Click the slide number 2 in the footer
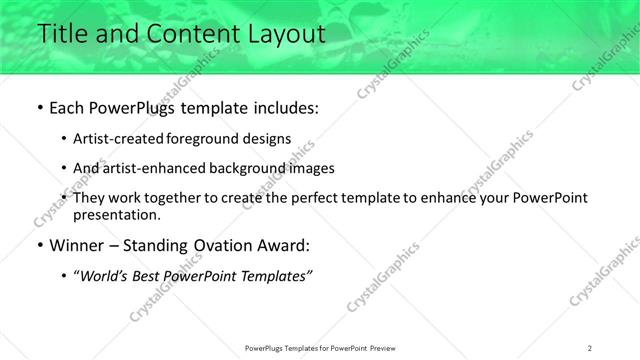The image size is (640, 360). (x=590, y=347)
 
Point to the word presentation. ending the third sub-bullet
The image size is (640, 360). (x=116, y=215)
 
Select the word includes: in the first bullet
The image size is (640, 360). (x=283, y=108)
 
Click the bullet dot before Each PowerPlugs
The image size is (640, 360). (x=39, y=108)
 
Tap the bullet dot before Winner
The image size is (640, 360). (x=39, y=245)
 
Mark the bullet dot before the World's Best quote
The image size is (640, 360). (x=64, y=275)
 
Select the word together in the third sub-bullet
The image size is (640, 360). (x=175, y=198)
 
